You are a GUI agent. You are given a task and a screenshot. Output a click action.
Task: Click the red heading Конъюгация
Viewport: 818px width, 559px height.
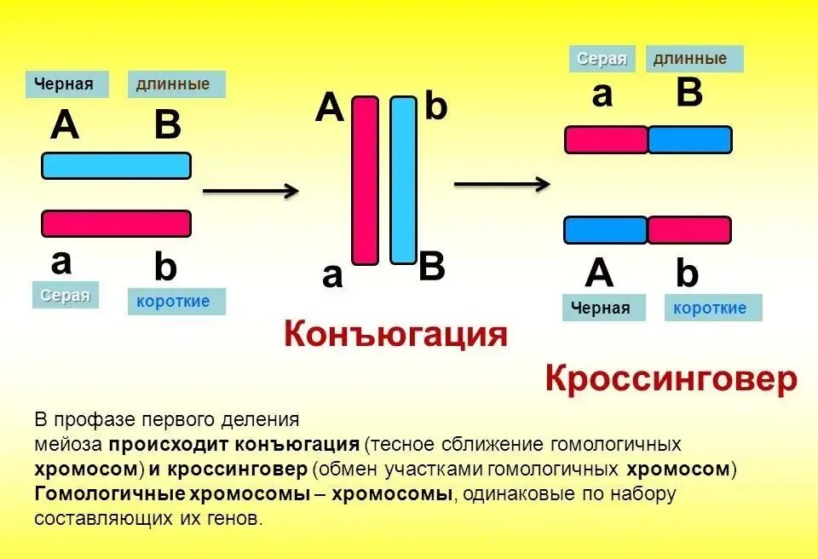[x=395, y=333]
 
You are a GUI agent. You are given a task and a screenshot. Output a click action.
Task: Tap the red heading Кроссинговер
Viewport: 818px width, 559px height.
[x=671, y=379]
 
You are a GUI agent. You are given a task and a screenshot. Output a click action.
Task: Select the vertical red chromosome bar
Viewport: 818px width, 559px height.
[x=365, y=180]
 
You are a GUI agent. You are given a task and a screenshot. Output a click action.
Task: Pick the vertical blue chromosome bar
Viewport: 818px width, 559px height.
[x=403, y=180]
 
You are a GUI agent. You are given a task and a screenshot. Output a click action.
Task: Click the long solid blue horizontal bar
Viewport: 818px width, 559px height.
[x=116, y=165]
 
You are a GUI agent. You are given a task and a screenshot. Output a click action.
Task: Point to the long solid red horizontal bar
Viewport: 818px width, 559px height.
[x=116, y=223]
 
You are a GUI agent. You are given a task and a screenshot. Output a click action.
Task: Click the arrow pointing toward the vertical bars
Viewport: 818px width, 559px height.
[x=251, y=191]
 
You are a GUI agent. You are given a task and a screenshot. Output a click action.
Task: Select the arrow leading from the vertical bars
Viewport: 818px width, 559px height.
[x=501, y=183]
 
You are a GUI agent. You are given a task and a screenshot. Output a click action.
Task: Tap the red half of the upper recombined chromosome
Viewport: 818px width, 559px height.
[x=606, y=140]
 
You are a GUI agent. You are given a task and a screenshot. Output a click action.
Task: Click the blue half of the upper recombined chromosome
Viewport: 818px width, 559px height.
[x=689, y=140]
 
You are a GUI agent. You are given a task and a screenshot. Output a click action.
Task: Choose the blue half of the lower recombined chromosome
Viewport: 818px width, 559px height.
[x=606, y=230]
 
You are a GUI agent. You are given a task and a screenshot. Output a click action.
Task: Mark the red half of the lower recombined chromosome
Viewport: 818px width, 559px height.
[x=689, y=230]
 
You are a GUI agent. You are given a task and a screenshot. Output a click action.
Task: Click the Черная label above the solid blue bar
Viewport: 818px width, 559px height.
[x=66, y=84]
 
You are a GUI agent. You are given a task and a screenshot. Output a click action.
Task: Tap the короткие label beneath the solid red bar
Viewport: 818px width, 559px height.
[x=176, y=302]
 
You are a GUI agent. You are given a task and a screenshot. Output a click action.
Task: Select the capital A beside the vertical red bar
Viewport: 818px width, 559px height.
[x=330, y=109]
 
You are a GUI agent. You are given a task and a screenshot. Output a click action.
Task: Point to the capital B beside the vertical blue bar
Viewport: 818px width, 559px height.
[x=432, y=268]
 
